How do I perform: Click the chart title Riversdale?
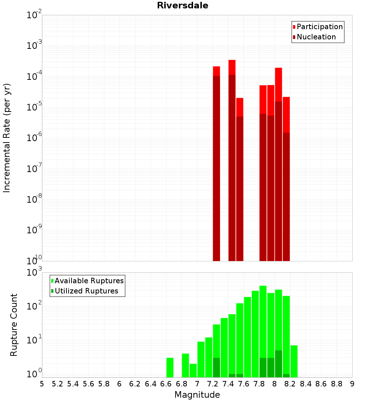[x=182, y=5]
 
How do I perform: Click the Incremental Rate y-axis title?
[x=7, y=138]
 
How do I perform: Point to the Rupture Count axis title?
[x=14, y=324]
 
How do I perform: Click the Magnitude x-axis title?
[x=197, y=395]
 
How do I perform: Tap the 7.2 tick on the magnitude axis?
[x=212, y=384]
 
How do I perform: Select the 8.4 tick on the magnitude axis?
[x=306, y=384]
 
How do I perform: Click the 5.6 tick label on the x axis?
[x=88, y=384]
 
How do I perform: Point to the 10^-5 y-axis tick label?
[x=34, y=107]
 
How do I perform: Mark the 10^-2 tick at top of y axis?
[x=34, y=15]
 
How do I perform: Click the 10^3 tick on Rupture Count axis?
[x=35, y=272]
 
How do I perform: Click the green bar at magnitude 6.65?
[x=170, y=367]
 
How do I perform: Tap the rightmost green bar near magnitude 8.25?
[x=294, y=361]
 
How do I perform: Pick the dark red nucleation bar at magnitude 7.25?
[x=216, y=168]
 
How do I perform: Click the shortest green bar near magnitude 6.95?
[x=193, y=370]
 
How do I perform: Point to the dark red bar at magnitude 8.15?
[x=286, y=197]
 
